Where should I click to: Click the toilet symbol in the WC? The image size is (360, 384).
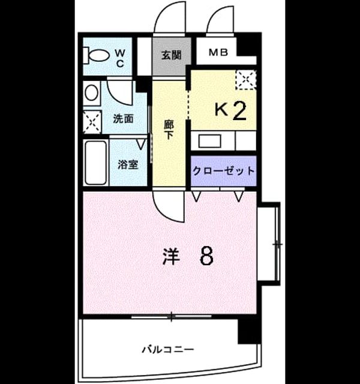click(x=97, y=56)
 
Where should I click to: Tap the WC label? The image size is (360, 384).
click(x=120, y=58)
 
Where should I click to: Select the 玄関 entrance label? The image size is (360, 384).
click(x=171, y=55)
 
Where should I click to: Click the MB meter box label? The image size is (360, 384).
click(x=218, y=52)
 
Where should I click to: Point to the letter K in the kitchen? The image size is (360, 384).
click(x=221, y=109)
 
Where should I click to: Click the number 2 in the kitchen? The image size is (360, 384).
click(x=239, y=111)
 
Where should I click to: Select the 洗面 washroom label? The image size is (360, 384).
click(x=123, y=119)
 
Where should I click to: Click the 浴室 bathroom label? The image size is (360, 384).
click(x=128, y=164)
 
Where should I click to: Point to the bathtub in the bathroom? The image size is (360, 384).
click(x=96, y=163)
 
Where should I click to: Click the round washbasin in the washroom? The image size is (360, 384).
click(x=92, y=92)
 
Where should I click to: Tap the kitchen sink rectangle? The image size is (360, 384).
click(x=209, y=142)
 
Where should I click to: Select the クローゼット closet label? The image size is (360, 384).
click(x=223, y=170)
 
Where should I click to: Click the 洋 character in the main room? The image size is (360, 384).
click(x=171, y=257)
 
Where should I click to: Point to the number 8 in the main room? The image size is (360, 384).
click(x=206, y=256)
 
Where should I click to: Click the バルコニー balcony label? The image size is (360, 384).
click(x=168, y=349)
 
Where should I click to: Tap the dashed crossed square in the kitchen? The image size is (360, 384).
click(x=245, y=80)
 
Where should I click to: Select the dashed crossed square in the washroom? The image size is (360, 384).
click(x=92, y=122)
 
